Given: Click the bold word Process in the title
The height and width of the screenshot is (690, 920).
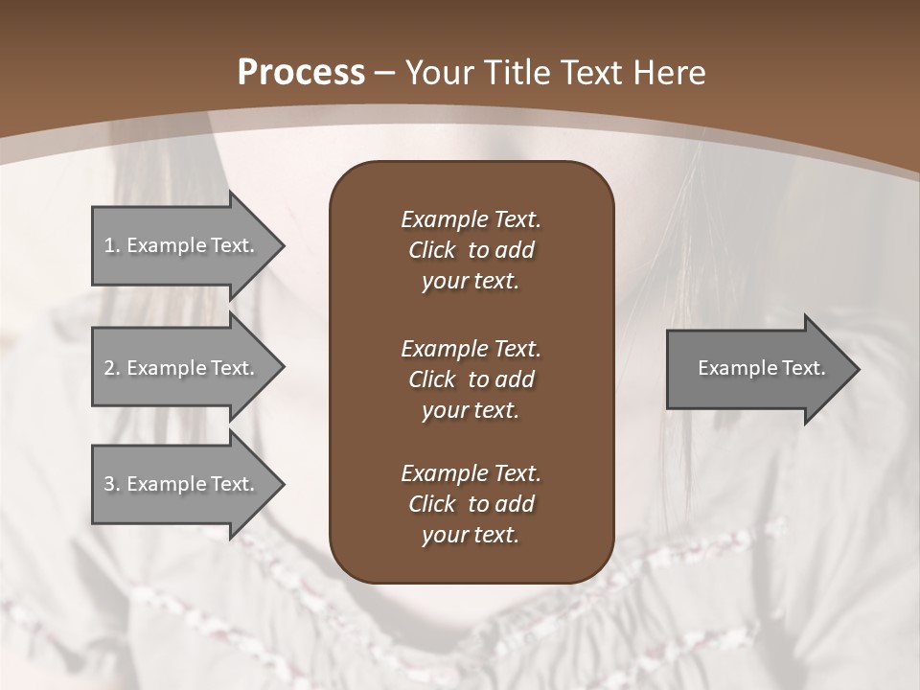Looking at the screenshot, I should coord(301,73).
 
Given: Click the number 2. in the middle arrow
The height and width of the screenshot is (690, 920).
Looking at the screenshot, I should coord(112,368).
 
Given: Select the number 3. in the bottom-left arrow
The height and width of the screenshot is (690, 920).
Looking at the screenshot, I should coord(112,484).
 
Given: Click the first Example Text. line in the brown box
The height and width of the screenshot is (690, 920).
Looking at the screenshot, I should coord(471,219).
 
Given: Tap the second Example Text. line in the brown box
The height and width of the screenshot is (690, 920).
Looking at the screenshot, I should coord(471,349).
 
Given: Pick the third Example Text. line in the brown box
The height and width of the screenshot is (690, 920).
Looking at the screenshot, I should coord(471,473).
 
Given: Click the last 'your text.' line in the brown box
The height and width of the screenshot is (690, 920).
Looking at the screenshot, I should coord(471,535).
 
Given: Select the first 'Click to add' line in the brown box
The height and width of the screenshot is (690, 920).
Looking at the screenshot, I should coord(471,250).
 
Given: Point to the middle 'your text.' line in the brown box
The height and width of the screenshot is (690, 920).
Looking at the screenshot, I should coord(471,410).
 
